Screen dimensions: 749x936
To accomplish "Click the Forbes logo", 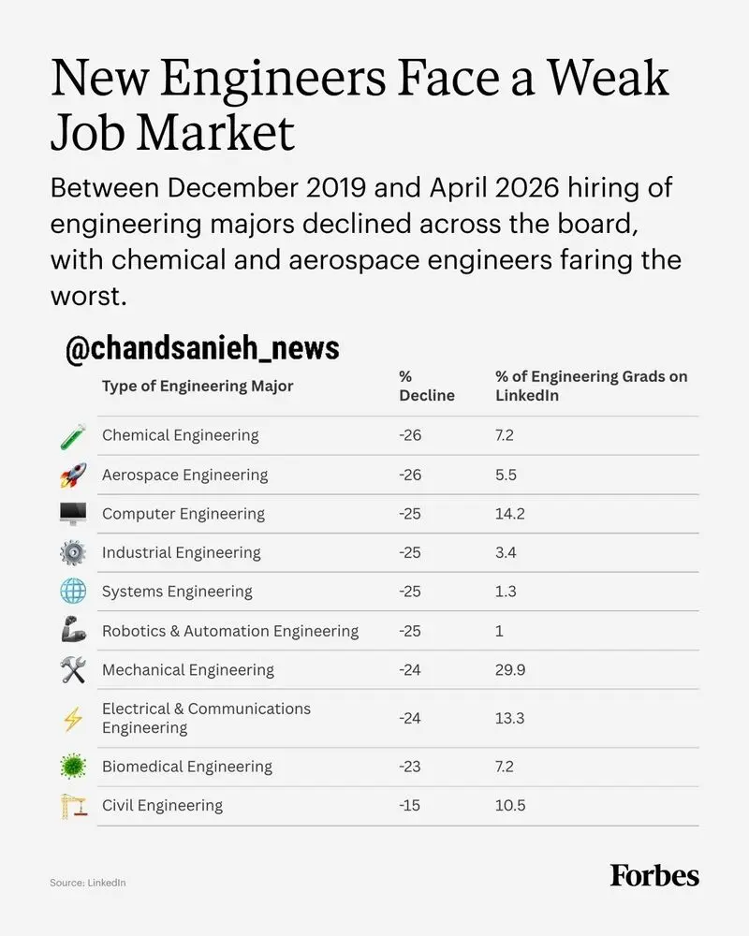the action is (654, 875).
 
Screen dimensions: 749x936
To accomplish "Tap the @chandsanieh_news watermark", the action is (202, 348).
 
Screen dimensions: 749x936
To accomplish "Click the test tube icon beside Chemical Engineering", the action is (73, 436).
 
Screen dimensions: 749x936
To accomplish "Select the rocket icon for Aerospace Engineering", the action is (73, 475).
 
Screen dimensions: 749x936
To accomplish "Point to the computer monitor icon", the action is (73, 514).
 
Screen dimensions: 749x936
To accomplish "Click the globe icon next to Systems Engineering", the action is (73, 592).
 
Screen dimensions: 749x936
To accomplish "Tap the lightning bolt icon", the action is (73, 719).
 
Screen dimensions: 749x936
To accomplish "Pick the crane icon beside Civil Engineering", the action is (74, 806).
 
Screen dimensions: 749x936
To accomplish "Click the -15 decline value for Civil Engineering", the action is (410, 805).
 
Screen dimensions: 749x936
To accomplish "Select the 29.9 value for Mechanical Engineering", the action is (510, 670).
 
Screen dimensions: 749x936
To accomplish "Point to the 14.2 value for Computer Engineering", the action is (509, 514).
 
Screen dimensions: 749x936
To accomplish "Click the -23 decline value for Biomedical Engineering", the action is (410, 767).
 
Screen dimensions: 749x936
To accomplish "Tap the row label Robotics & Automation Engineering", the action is (230, 631).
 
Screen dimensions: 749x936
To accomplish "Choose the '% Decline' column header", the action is (427, 386).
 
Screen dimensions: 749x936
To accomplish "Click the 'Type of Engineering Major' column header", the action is (198, 387).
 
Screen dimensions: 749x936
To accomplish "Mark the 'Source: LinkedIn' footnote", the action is (88, 883).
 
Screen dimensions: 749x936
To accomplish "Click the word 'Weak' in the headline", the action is (608, 79).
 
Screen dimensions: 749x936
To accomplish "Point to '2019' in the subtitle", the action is (336, 188).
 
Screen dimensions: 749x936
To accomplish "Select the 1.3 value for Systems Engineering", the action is (506, 592).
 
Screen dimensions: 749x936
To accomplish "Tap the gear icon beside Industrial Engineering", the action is (73, 553).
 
